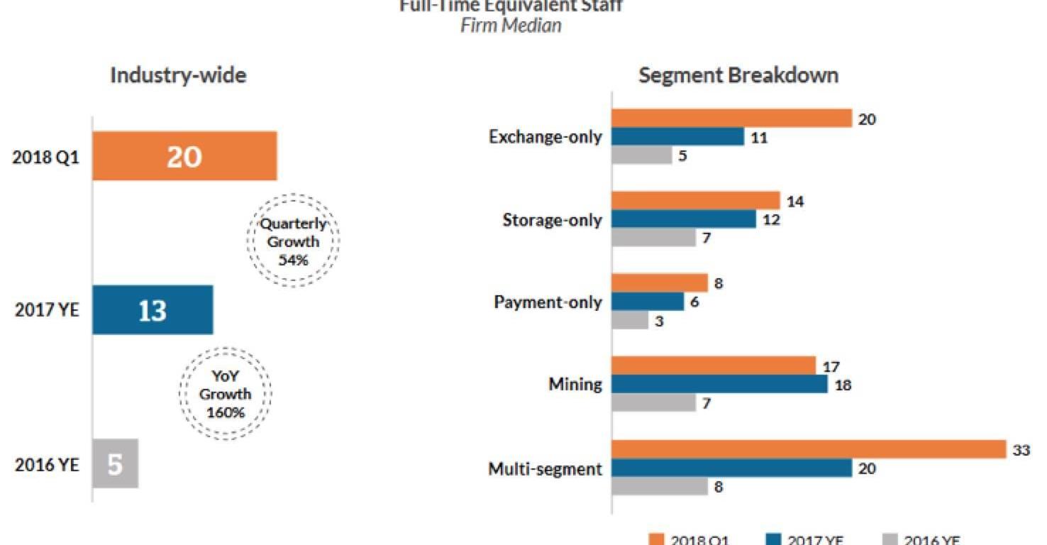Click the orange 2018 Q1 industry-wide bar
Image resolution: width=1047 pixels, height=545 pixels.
184,156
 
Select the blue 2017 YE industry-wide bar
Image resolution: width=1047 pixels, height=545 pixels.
153,310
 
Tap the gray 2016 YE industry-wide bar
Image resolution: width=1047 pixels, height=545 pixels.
115,464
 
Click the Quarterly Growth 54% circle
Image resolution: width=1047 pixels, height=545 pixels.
293,241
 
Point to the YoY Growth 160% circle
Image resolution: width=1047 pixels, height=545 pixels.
225,394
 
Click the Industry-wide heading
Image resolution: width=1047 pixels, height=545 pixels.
178,75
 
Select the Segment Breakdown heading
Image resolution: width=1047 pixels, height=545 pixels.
738,75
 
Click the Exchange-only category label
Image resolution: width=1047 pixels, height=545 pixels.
545,137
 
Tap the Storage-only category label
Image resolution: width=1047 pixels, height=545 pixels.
552,220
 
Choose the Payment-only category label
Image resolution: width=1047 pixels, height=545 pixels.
548,302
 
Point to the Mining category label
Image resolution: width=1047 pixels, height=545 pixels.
575,385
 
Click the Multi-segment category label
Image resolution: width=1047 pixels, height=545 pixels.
545,468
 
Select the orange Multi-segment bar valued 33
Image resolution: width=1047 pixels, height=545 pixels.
809,449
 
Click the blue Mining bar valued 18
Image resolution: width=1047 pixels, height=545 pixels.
719,385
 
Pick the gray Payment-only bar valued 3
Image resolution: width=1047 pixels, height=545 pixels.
630,321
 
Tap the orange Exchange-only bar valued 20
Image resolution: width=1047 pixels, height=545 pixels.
731,119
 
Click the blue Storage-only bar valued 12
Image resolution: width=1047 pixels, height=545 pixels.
684,219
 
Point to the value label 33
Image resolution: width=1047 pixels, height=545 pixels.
1021,450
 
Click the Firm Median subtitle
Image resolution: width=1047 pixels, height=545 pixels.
511,26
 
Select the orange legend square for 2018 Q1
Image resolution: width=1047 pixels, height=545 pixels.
657,539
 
